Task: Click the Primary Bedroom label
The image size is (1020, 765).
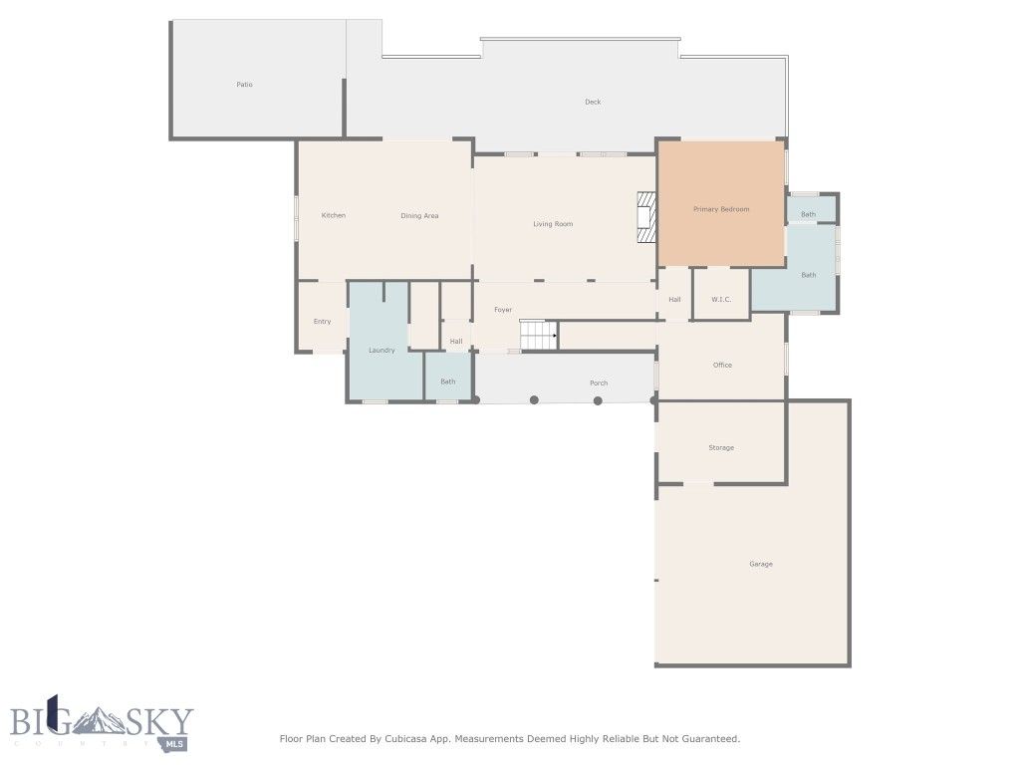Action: (720, 209)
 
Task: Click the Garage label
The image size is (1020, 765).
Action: (760, 564)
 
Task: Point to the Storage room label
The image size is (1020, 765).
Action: (721, 447)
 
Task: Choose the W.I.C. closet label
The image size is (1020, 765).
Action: (721, 299)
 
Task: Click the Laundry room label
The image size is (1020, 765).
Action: (382, 350)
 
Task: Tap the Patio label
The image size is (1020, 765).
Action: (244, 85)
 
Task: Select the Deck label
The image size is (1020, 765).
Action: (593, 102)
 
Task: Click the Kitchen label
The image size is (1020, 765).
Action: (333, 215)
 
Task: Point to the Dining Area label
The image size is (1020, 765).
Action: (419, 215)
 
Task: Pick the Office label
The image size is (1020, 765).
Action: (722, 365)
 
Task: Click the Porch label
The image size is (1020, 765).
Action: (598, 382)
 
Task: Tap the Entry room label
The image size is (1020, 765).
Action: (322, 321)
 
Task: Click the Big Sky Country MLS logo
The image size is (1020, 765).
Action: (100, 722)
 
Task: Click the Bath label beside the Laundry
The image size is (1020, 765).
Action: (448, 381)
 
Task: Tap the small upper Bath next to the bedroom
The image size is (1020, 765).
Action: (808, 214)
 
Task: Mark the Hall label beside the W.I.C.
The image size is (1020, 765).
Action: (674, 299)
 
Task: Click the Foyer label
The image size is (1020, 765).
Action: (503, 310)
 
